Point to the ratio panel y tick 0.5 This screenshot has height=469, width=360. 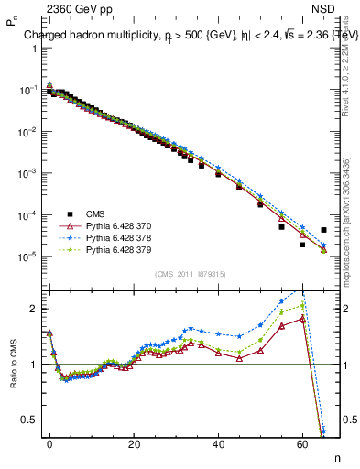pos(27,420)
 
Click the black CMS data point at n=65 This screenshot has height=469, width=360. pos(323,230)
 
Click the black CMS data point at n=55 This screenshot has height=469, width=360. pos(281,227)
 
